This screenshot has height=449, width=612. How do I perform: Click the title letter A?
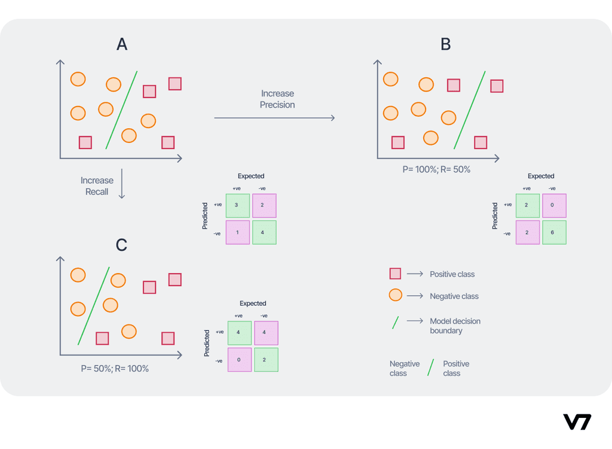(122, 44)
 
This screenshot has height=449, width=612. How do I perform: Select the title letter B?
(445, 44)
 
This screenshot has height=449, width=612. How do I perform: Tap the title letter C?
(121, 245)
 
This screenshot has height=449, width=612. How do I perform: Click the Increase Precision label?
(277, 99)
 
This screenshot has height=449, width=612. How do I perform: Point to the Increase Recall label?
(97, 186)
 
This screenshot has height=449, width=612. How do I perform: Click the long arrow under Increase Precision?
(274, 119)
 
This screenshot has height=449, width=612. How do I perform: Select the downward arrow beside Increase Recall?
(122, 183)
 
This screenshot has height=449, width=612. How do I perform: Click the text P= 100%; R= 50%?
(436, 169)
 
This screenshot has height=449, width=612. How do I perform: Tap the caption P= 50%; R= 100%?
(115, 369)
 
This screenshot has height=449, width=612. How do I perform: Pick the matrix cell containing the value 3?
(237, 205)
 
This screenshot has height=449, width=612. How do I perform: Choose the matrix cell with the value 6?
(553, 232)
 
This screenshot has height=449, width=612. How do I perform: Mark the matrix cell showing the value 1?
(237, 232)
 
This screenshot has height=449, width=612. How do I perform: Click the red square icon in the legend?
(395, 274)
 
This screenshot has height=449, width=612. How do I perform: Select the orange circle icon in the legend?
(395, 296)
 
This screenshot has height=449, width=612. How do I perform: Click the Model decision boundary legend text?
(455, 326)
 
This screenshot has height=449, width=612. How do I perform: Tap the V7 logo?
(577, 421)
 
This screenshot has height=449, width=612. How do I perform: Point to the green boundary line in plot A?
(121, 110)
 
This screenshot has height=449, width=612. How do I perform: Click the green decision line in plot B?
(469, 110)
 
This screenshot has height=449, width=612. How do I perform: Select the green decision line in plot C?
(94, 305)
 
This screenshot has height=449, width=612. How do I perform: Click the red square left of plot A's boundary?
(85, 142)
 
